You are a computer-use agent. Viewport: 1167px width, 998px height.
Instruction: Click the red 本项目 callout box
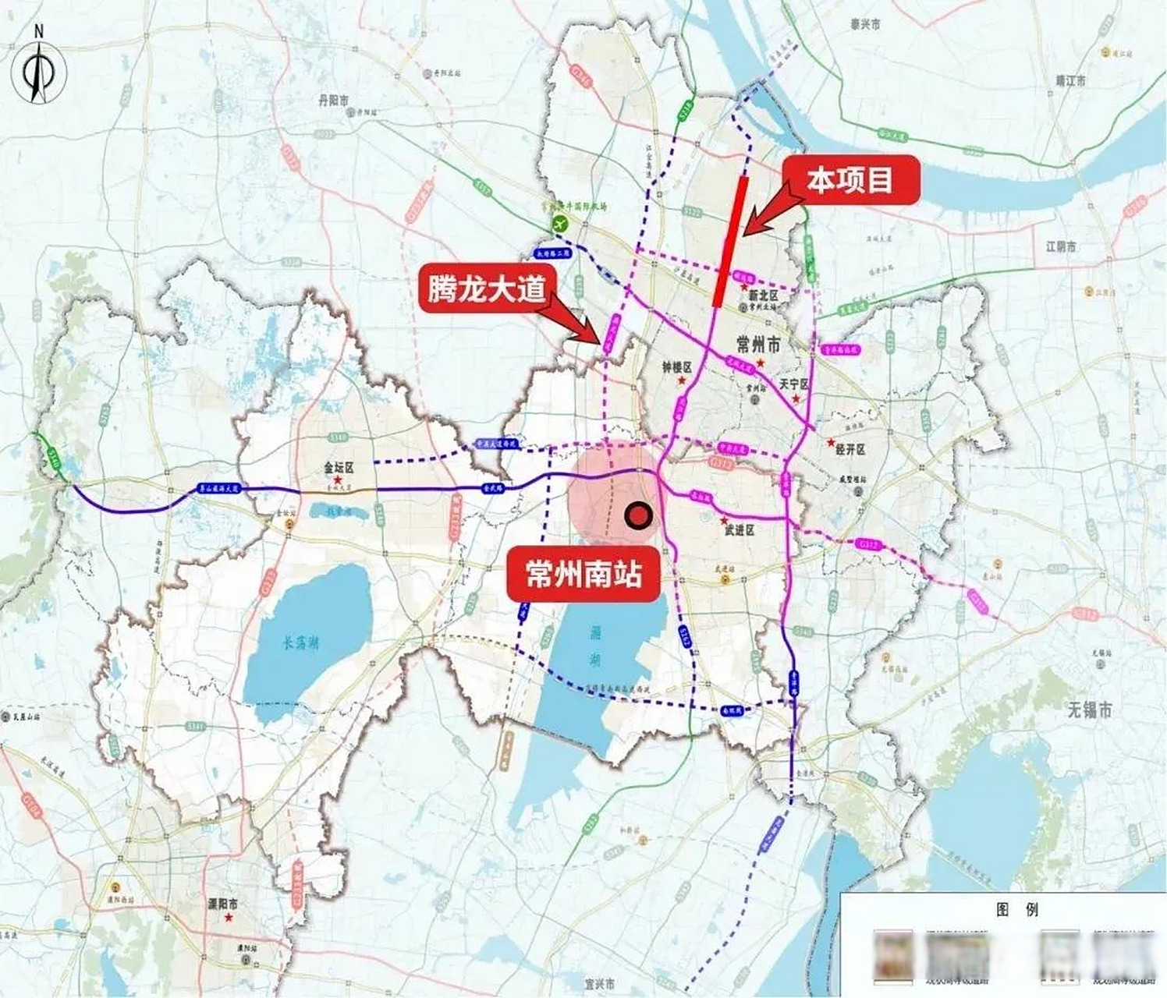(850, 181)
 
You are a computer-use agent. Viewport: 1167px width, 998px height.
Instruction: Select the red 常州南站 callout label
(584, 575)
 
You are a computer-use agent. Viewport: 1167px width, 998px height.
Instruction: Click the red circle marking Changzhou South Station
(639, 515)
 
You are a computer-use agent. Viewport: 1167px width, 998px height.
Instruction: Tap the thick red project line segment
(731, 242)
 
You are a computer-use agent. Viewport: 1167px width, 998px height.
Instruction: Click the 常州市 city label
(757, 344)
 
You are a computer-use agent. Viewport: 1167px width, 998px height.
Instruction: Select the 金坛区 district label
(339, 469)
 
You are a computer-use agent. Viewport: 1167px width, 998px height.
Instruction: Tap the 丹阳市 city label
(333, 100)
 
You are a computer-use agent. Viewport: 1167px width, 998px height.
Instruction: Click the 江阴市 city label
(1061, 246)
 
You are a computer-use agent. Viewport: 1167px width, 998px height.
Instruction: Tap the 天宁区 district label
(794, 385)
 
